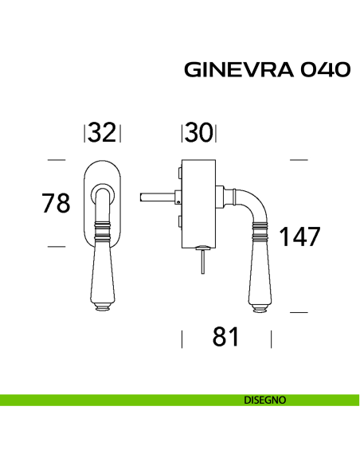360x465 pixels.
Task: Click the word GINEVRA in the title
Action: [231, 70]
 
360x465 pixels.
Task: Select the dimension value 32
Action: [102, 133]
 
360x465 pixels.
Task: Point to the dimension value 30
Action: [199, 133]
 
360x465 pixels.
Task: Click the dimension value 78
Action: [57, 203]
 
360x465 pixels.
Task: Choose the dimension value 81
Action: [226, 338]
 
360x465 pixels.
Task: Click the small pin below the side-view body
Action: [204, 260]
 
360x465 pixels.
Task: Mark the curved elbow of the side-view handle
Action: [253, 203]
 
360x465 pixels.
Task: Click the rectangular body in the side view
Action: [198, 203]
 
